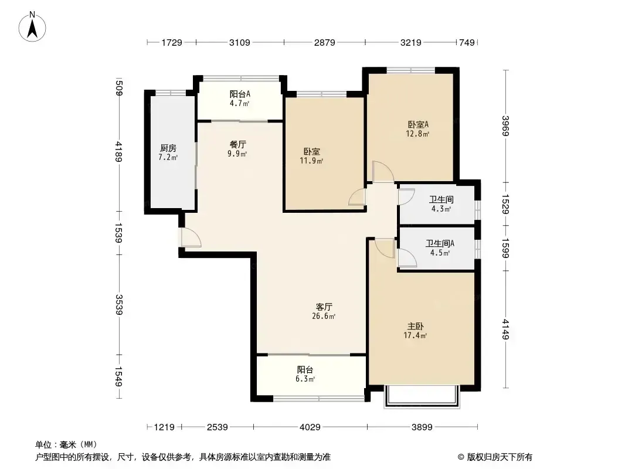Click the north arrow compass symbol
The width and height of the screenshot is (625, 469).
click(32, 27)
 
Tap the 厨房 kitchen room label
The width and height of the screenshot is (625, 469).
click(168, 148)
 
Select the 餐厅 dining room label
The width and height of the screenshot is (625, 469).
click(237, 144)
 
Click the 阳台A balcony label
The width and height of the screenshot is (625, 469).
click(240, 94)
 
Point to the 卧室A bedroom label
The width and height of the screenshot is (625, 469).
click(418, 124)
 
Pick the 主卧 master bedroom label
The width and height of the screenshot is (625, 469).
click(415, 327)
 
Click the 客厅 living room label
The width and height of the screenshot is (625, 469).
click(324, 307)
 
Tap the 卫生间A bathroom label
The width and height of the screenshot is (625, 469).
click(440, 243)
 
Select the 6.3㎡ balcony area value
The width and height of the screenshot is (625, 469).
click(305, 379)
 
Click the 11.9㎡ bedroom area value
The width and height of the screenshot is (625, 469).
click(311, 161)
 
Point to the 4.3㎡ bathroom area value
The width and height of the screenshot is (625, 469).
click(441, 209)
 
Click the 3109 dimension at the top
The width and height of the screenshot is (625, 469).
click(240, 42)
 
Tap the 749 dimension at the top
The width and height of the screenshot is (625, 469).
click(467, 42)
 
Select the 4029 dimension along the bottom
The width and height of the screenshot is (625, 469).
click(310, 427)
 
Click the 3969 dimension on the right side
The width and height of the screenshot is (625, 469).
click(505, 125)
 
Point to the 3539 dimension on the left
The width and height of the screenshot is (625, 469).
click(119, 304)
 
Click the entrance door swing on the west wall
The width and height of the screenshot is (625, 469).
click(191, 237)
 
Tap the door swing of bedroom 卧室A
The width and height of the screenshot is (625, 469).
click(383, 172)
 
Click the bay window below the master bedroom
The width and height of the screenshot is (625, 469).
click(422, 396)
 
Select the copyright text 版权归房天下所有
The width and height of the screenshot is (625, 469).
click(500, 457)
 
